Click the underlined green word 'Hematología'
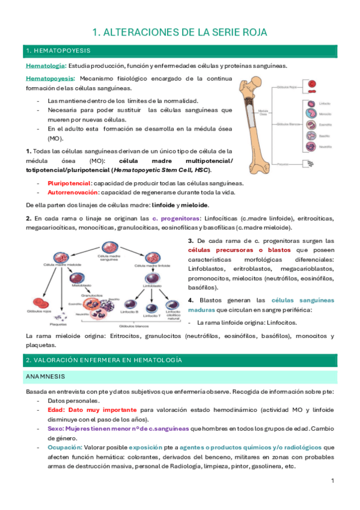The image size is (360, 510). point(44,66)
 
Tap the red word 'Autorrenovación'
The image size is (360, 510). point(73,192)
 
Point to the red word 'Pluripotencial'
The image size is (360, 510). point(70,183)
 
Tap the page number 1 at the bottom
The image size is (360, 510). point(332,482)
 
